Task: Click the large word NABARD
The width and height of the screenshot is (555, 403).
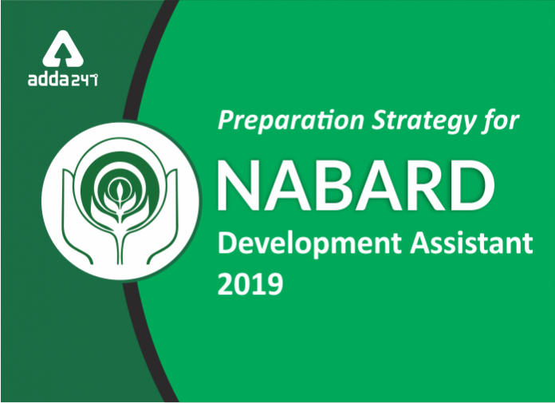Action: [355, 185]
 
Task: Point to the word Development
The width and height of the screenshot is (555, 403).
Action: [309, 244]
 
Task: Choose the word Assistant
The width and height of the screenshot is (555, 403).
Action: [471, 243]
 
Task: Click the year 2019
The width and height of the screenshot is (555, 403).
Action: [250, 283]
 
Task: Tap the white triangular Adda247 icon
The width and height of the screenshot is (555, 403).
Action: [63, 49]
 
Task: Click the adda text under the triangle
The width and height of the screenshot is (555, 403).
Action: [49, 79]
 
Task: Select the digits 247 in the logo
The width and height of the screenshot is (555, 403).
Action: [85, 81]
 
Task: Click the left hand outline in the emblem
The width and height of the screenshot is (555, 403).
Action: [81, 217]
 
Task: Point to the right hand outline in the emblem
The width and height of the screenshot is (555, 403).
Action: [160, 217]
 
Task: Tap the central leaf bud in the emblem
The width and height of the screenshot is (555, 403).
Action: [120, 192]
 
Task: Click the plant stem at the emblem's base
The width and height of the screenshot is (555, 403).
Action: [120, 244]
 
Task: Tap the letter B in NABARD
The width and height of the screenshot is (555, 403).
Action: [330, 185]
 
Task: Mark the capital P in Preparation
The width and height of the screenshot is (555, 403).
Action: [226, 121]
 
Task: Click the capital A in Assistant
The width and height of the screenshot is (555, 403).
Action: [420, 243]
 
